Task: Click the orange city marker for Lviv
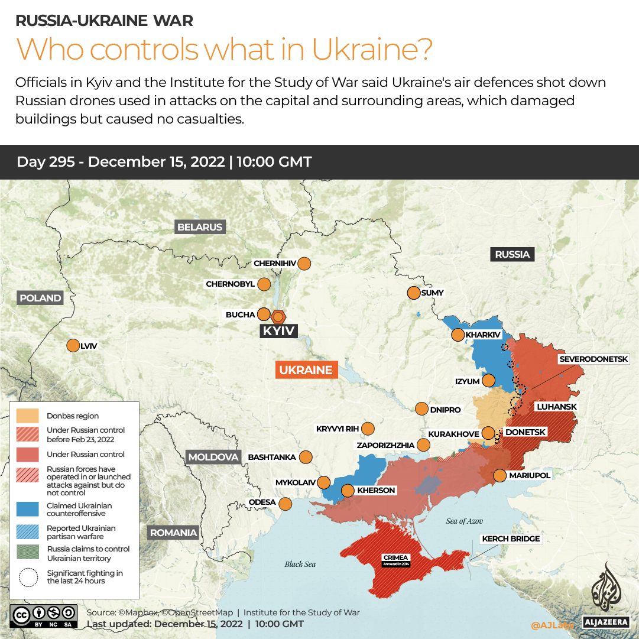(73, 346)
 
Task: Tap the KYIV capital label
(278, 331)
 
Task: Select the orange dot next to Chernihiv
(304, 264)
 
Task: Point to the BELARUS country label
(200, 227)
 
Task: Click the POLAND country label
(40, 298)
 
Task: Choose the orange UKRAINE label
(306, 370)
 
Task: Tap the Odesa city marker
(286, 504)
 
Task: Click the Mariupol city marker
(499, 475)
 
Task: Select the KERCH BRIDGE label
(511, 539)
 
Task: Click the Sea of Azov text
(464, 521)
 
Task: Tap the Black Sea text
(300, 564)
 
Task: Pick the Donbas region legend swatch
(27, 416)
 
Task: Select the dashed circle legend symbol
(27, 577)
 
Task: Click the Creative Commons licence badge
(44, 615)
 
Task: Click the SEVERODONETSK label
(598, 359)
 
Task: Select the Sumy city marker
(413, 293)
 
